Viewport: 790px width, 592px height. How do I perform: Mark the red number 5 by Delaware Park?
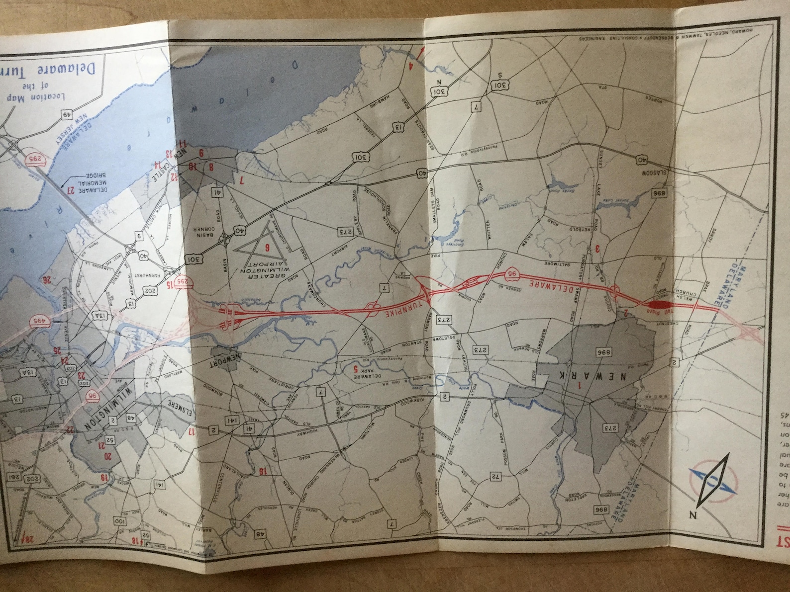[355, 369]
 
